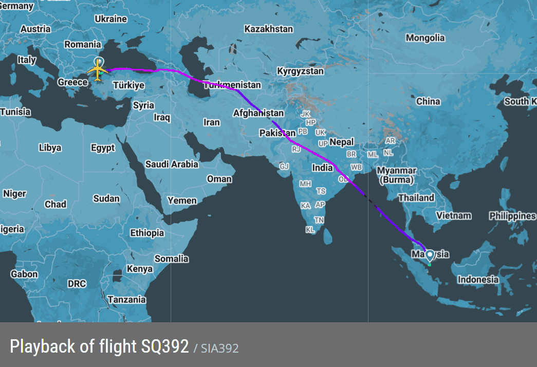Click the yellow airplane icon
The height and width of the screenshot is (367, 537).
pyautogui.click(x=97, y=70)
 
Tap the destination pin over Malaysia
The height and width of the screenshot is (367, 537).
pyautogui.click(x=430, y=255)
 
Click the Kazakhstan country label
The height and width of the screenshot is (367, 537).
pyautogui.click(x=268, y=29)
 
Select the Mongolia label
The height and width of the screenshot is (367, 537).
pyautogui.click(x=425, y=38)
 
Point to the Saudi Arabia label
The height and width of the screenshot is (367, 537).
pyautogui.click(x=172, y=164)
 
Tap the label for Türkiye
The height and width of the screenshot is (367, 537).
pyautogui.click(x=128, y=86)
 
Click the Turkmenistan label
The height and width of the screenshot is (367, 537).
pyautogui.click(x=233, y=85)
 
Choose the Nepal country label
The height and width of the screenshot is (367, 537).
pyautogui.click(x=342, y=142)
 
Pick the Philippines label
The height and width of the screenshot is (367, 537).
pyautogui.click(x=512, y=216)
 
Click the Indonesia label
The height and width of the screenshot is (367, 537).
pyautogui.click(x=478, y=280)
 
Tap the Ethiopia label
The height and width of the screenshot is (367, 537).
pyautogui.click(x=147, y=233)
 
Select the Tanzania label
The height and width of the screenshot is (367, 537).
pyautogui.click(x=126, y=300)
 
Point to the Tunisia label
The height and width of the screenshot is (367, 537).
pyautogui.click(x=15, y=112)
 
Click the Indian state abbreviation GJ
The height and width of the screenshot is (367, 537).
pyautogui.click(x=284, y=167)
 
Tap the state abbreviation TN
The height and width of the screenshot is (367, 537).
pyautogui.click(x=319, y=220)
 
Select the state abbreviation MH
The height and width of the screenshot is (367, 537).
pyautogui.click(x=306, y=183)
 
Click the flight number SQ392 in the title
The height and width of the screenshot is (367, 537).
pyautogui.click(x=165, y=346)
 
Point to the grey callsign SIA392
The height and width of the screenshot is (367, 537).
pyautogui.click(x=219, y=348)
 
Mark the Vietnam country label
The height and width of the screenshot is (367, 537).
pyautogui.click(x=453, y=216)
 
